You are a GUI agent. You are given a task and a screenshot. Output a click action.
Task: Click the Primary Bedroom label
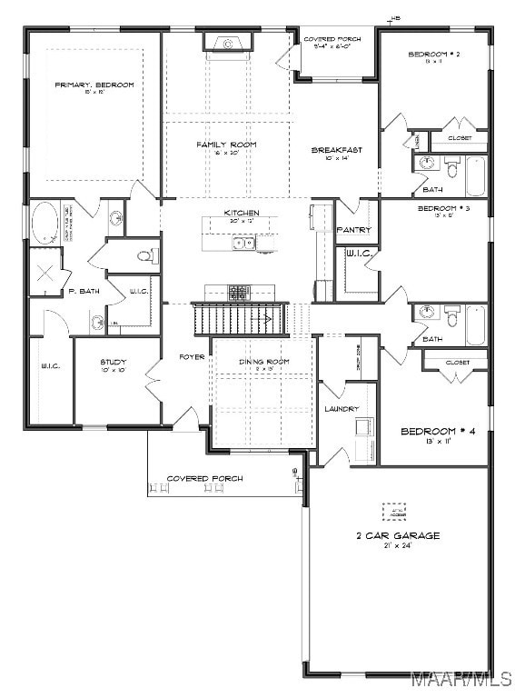point(94,85)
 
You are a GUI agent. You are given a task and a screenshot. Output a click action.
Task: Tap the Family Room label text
point(226,145)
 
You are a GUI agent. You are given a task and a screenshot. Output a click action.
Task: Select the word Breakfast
point(331,150)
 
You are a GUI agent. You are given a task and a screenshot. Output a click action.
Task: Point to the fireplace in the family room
point(227,42)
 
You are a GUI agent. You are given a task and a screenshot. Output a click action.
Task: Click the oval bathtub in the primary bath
point(45,222)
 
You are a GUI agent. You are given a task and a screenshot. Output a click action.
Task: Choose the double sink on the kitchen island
point(243,243)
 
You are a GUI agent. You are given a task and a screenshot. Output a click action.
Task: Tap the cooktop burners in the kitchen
point(239,292)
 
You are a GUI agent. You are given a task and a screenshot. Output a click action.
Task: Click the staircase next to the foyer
point(239,319)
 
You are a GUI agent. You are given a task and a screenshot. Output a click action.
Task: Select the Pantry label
point(354,230)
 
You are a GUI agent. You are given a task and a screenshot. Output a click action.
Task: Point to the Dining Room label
point(264,362)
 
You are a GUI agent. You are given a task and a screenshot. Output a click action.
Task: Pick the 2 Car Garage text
point(397,535)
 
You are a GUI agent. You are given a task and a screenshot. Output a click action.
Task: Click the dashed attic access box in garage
point(394,513)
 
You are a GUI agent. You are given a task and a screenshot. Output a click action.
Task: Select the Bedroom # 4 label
point(434,431)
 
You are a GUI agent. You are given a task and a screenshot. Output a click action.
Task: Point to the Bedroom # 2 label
point(434,55)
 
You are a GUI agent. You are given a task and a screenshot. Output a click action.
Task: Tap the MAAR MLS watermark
point(461,679)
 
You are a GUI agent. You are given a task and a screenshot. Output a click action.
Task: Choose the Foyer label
point(192,356)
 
